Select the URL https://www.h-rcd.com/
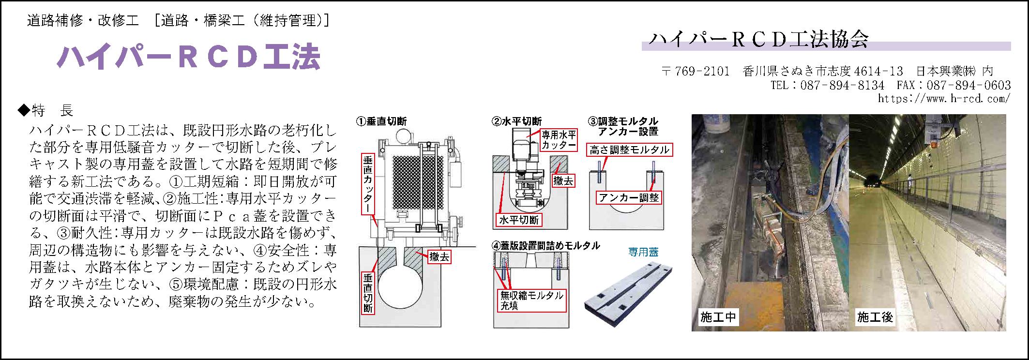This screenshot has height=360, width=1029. [944, 98]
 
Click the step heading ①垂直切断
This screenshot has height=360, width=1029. [382, 121]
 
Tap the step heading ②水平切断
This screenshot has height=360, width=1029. [516, 121]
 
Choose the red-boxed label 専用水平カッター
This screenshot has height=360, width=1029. [559, 140]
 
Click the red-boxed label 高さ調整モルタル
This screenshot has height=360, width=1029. [629, 150]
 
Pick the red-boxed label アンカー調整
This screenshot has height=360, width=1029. [629, 197]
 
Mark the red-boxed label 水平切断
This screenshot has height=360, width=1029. [519, 220]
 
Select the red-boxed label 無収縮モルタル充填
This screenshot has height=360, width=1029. [531, 300]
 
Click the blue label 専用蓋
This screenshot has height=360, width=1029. [643, 252]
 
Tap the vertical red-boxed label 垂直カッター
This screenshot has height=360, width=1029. [368, 184]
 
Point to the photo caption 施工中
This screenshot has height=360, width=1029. [718, 317]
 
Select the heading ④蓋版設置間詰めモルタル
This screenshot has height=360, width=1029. [545, 246]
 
